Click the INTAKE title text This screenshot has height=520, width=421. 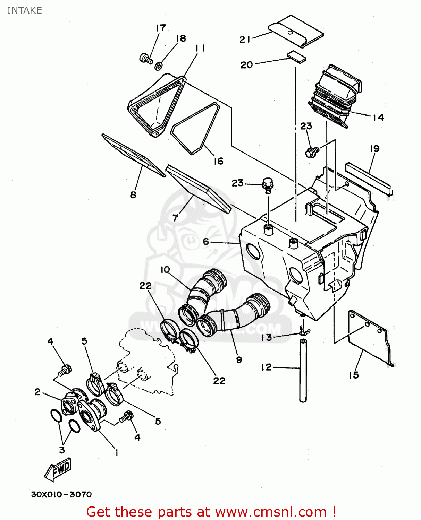tap(24, 10)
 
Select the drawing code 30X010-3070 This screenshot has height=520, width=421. tap(61, 494)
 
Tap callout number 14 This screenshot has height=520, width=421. tap(378, 118)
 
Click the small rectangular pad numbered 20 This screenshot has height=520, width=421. tap(296, 57)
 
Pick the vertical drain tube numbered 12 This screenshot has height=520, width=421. tap(303, 371)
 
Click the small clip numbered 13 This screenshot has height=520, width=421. tap(304, 332)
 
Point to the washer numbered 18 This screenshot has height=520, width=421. tap(158, 65)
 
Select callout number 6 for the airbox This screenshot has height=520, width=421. tap(206, 241)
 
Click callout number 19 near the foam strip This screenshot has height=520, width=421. tap(374, 149)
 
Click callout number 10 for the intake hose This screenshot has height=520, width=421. tap(165, 270)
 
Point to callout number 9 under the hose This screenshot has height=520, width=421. tap(239, 359)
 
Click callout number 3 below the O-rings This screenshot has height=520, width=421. tap(62, 450)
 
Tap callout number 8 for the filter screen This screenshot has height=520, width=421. tap(133, 194)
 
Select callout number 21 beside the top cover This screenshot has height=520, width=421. tap(245, 39)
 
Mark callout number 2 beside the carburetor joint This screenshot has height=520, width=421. tap(37, 392)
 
